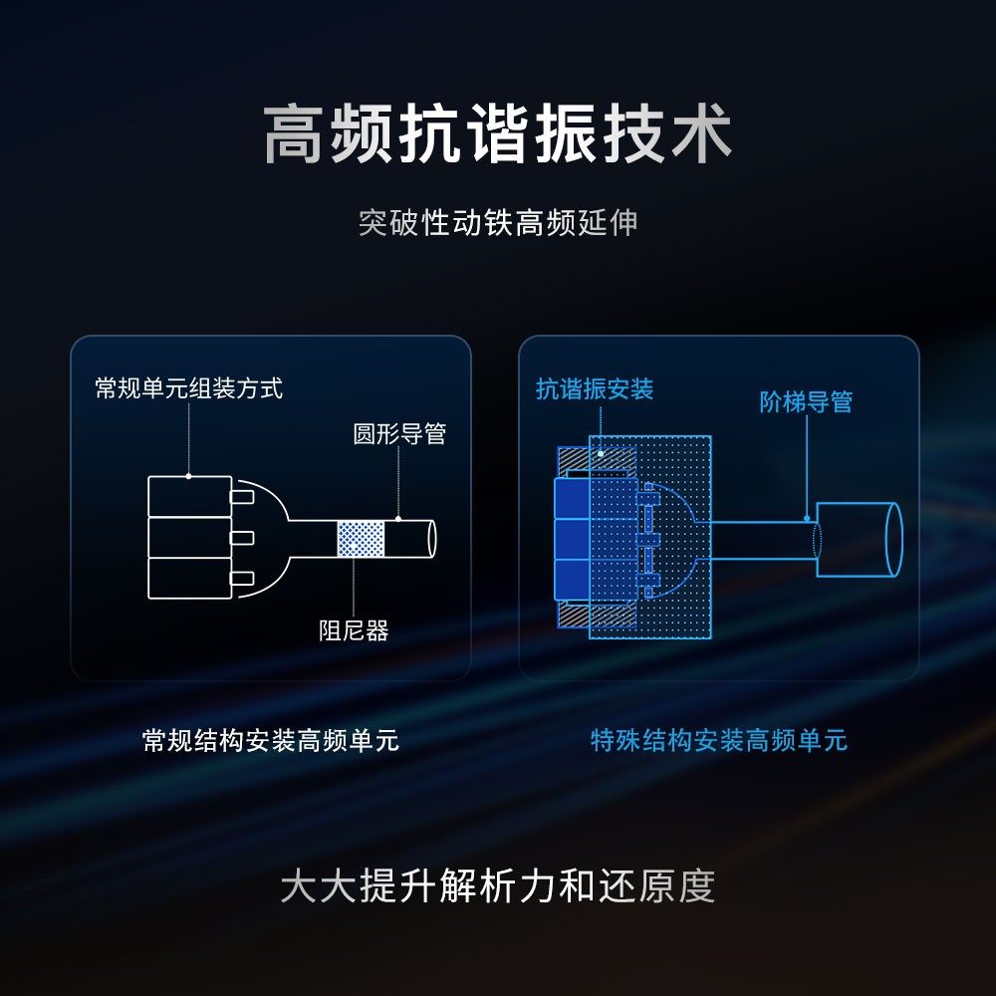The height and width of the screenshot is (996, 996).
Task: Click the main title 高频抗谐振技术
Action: pyautogui.click(x=498, y=136)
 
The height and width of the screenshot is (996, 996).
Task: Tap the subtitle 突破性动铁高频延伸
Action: pyautogui.click(x=498, y=222)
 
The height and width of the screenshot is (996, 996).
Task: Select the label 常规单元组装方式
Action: pyautogui.click(x=188, y=387)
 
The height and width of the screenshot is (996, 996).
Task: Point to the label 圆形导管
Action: pyautogui.click(x=399, y=434)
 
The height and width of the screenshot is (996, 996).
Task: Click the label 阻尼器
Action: pyautogui.click(x=354, y=630)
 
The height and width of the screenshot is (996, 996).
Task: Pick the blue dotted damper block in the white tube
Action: pyautogui.click(x=361, y=539)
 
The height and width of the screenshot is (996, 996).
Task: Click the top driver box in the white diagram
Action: pyautogui.click(x=189, y=496)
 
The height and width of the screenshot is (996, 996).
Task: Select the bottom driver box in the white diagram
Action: pyautogui.click(x=189, y=578)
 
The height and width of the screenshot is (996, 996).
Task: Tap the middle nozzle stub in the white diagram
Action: pyautogui.click(x=242, y=538)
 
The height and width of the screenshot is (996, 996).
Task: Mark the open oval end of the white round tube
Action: pyautogui.click(x=431, y=538)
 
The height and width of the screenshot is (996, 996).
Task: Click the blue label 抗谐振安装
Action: pyautogui.click(x=595, y=388)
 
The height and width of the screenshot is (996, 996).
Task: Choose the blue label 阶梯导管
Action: pyautogui.click(x=806, y=402)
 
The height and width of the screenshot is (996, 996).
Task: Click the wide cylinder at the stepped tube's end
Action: pyautogui.click(x=857, y=539)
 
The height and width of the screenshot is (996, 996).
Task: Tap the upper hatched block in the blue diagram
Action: pyautogui.click(x=596, y=460)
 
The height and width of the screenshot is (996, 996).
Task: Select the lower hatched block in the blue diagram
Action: pyautogui.click(x=596, y=616)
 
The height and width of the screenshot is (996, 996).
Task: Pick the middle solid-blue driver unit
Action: pyautogui.click(x=570, y=539)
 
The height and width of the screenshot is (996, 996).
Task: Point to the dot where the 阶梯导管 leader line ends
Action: pyautogui.click(x=807, y=519)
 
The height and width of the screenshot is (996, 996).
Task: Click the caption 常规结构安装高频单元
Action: pyautogui.click(x=271, y=741)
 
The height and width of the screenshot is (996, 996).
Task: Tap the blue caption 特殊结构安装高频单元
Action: pyautogui.click(x=719, y=741)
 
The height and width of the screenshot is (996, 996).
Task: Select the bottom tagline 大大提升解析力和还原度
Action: pyautogui.click(x=498, y=886)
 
